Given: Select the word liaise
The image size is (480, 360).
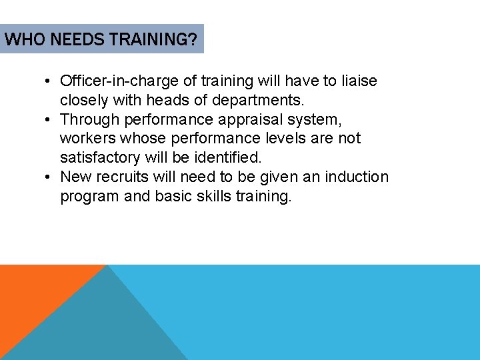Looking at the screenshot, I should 358,81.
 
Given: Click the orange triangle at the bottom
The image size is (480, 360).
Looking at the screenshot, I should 33,293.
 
